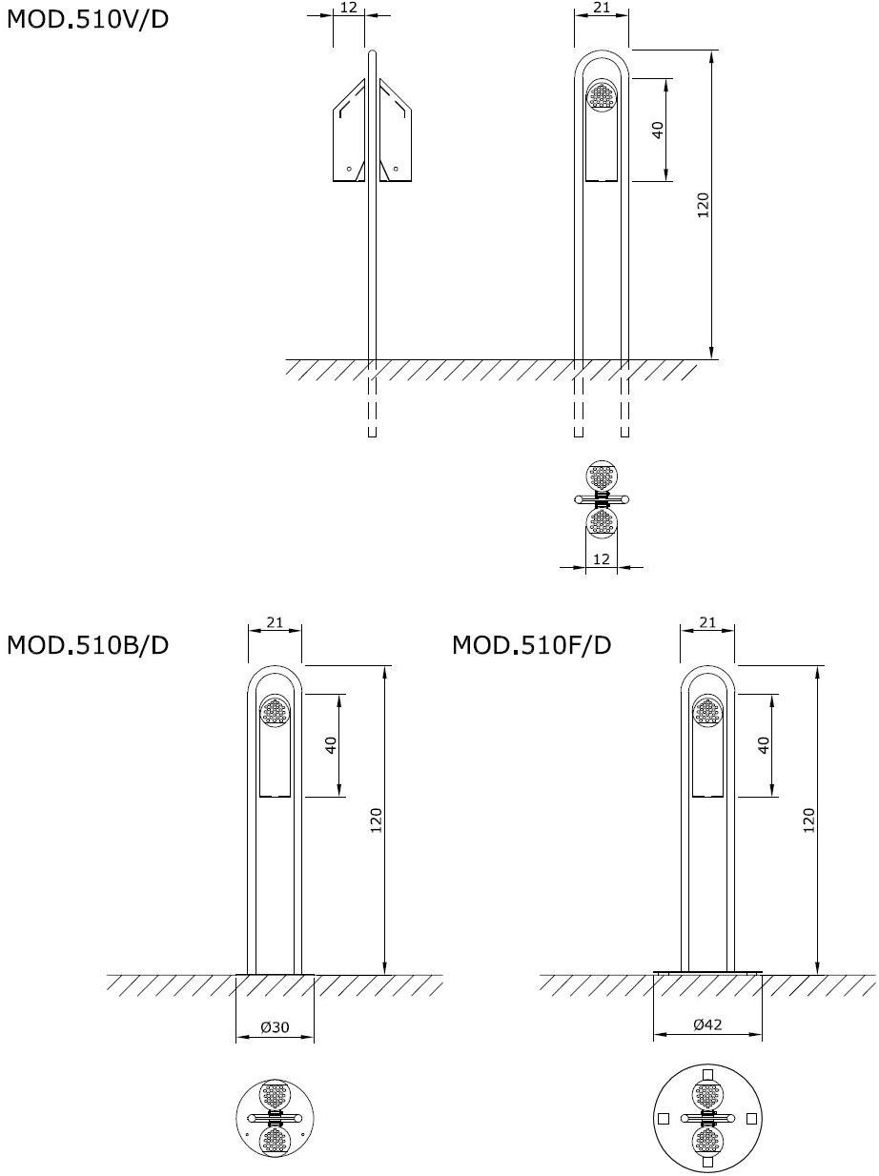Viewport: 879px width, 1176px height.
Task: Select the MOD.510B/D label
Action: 88,645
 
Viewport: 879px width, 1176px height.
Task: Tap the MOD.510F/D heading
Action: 531,645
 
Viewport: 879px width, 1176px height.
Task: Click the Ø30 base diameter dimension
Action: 276,1027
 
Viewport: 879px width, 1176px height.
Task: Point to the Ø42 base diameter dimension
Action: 707,1024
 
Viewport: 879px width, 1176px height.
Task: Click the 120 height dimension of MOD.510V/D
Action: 704,205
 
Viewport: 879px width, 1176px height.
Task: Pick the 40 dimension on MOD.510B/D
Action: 332,744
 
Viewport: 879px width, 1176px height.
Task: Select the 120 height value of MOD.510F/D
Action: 809,821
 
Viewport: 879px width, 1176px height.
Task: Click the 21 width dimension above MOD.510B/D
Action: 275,623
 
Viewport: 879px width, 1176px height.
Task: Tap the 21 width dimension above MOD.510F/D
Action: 707,623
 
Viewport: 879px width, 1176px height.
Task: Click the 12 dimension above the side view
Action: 348,8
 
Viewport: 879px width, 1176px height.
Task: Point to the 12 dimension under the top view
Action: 601,559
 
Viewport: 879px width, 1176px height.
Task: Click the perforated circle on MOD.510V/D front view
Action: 602,95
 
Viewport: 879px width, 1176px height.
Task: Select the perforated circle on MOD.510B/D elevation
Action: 276,712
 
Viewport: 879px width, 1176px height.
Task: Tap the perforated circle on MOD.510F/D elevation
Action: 707,712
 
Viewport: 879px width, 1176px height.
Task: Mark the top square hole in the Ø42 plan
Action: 707,1076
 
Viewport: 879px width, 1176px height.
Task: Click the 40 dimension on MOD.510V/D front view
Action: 658,130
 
